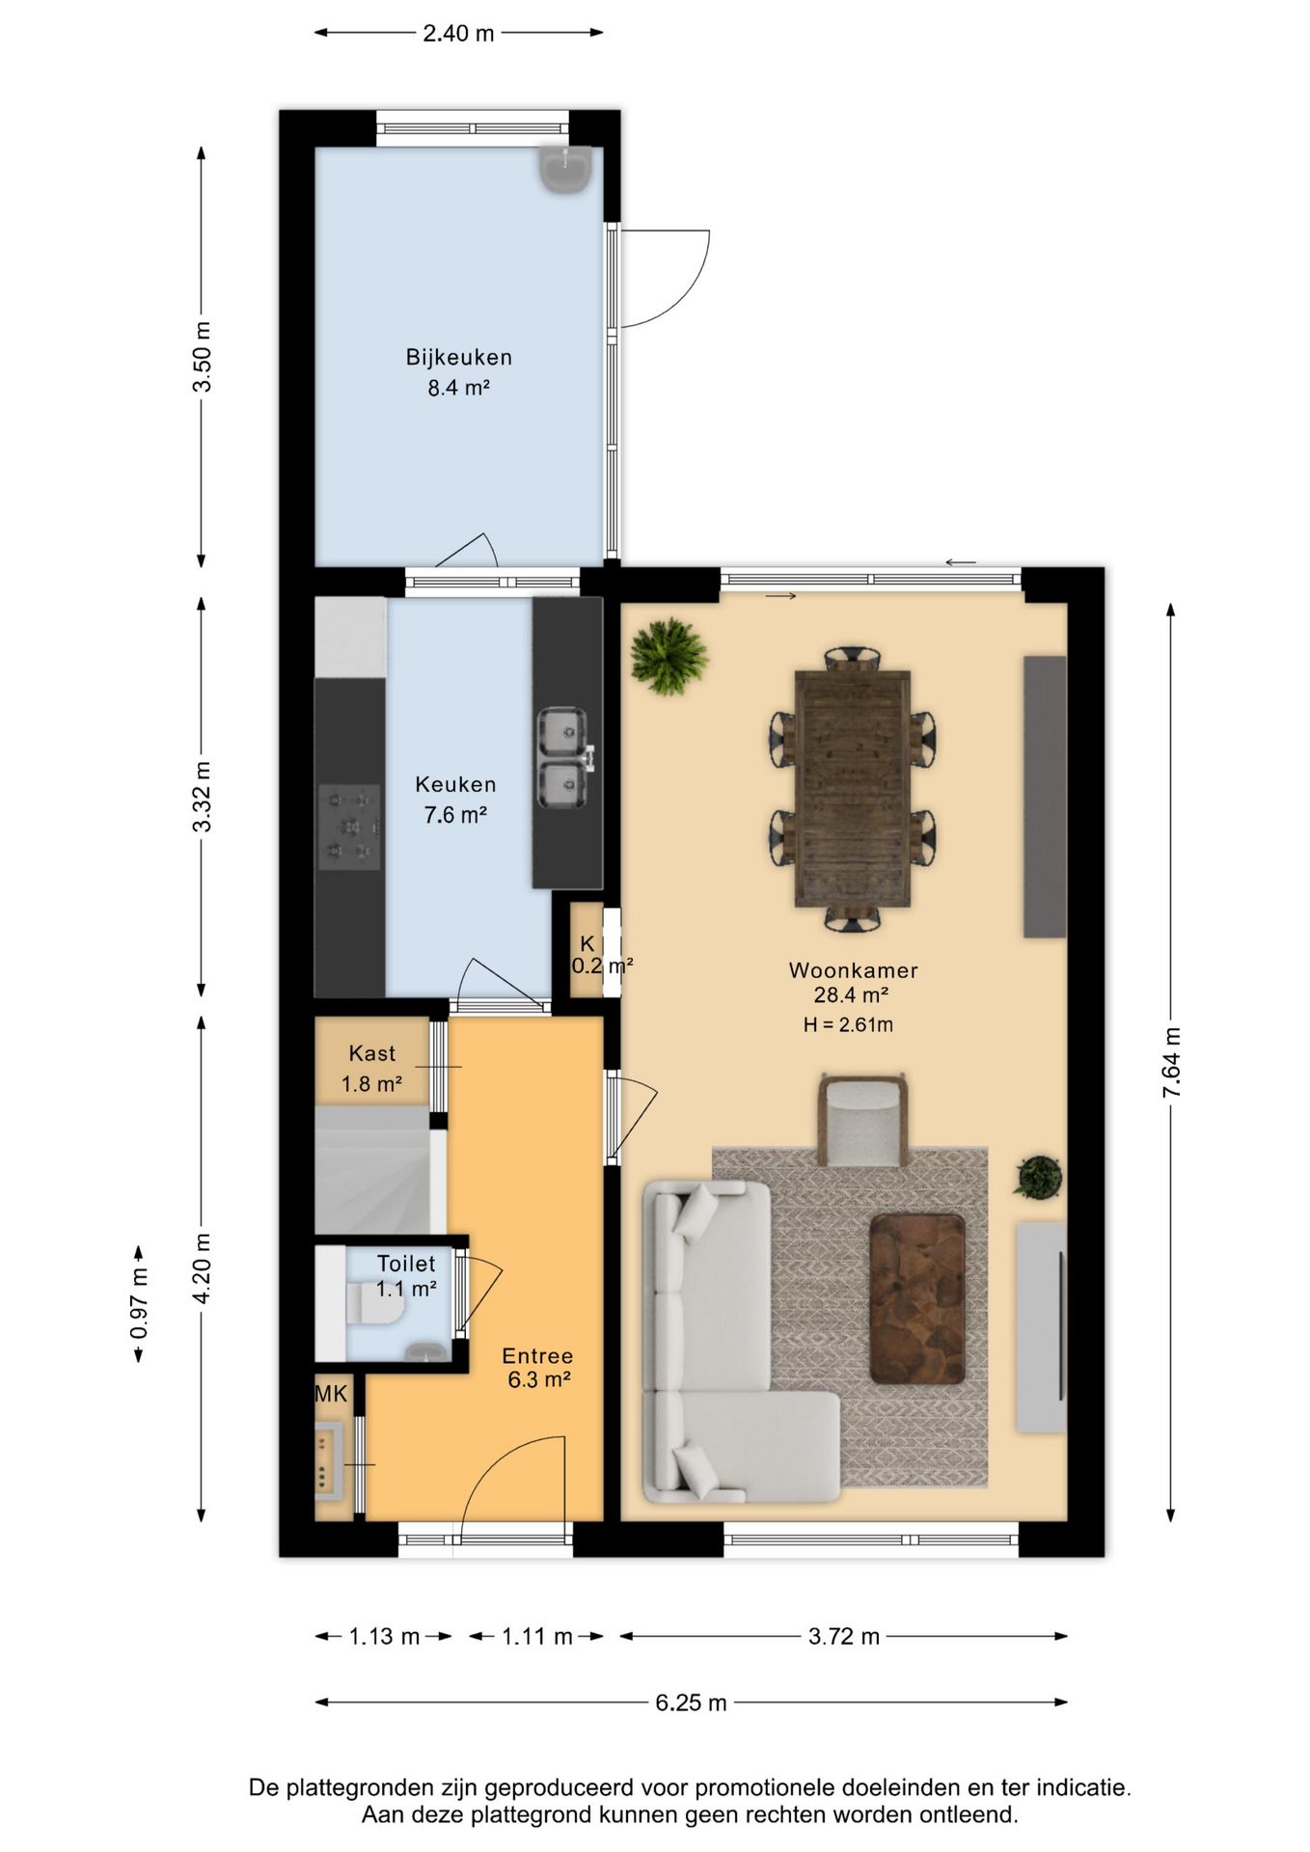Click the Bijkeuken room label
458,357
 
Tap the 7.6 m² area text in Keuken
455,815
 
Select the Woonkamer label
853,970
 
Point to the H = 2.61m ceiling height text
848,1025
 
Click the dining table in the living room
853,789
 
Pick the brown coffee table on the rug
917,1298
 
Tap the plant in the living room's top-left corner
669,656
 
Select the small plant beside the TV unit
1038,1178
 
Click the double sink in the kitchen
562,758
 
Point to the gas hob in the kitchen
349,827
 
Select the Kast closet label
372,1053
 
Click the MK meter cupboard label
331,1393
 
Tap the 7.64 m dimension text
1171,1063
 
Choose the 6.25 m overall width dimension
691,1702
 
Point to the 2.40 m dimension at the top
458,34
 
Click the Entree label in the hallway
538,1356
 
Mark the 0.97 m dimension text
139,1303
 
